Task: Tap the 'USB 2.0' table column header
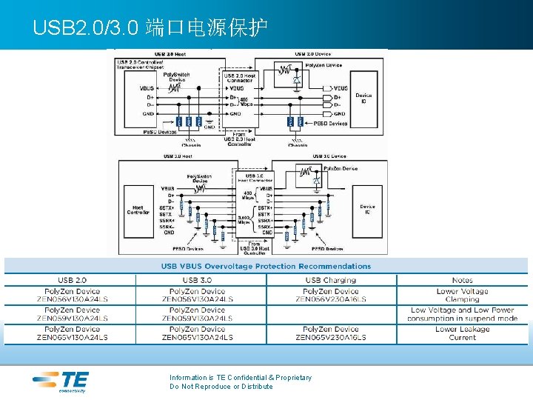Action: click(72, 280)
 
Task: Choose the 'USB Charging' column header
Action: click(330, 280)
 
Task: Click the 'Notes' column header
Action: click(462, 280)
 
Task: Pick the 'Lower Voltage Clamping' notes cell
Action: click(462, 296)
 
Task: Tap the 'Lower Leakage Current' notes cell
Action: click(462, 333)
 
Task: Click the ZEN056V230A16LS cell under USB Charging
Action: click(330, 296)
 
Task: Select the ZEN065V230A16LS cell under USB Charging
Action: click(330, 333)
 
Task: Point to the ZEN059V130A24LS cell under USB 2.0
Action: click(72, 314)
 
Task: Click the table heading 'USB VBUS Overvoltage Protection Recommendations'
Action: click(266, 266)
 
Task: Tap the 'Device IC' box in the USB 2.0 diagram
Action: click(363, 99)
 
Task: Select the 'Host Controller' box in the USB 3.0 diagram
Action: click(138, 210)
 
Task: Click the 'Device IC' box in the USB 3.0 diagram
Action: click(367, 210)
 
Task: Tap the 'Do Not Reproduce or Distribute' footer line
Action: click(221, 387)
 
